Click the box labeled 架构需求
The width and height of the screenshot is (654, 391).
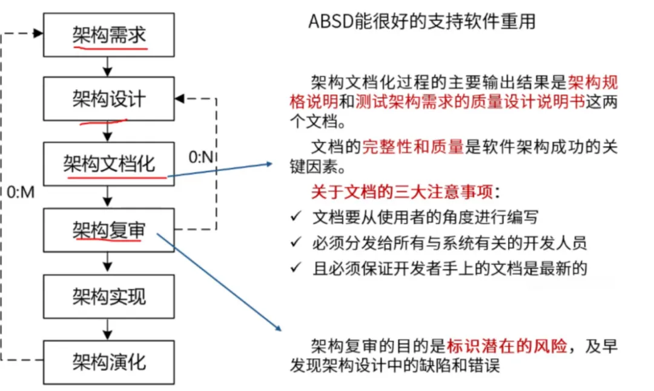click(109, 34)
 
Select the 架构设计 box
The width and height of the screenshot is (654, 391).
click(109, 98)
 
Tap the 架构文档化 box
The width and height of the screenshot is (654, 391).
click(109, 163)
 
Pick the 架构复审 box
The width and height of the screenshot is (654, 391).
click(109, 230)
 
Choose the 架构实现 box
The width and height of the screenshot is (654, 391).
click(109, 296)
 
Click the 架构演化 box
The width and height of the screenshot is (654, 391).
click(109, 362)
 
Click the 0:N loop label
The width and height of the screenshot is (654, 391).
click(200, 158)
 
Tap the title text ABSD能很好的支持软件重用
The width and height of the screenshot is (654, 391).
click(422, 21)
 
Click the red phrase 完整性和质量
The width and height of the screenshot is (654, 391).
click(413, 146)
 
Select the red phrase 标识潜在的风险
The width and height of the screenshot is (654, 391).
click(507, 347)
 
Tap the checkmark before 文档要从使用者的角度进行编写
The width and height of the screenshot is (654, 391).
click(296, 216)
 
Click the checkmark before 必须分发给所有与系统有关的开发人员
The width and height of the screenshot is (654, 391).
click(296, 242)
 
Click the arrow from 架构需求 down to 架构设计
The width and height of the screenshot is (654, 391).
click(108, 65)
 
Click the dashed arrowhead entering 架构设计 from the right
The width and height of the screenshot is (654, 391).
click(179, 98)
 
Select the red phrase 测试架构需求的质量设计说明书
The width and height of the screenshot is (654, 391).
click(471, 101)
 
